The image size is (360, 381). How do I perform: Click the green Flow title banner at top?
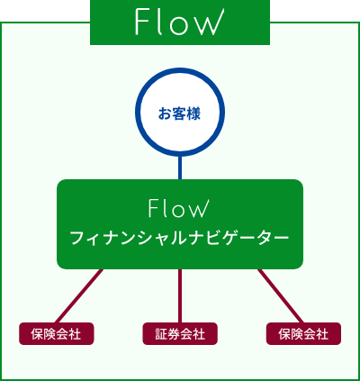point(180,23)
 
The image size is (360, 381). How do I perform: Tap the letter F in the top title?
point(142,22)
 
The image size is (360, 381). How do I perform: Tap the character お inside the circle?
point(165,114)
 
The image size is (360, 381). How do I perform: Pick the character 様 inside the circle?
point(193,114)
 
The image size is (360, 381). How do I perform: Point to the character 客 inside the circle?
point(179,114)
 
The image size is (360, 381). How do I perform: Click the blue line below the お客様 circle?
point(180,168)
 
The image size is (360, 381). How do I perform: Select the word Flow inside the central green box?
point(178,208)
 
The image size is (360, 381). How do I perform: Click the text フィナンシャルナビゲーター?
point(180,239)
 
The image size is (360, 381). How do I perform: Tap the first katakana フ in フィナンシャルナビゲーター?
point(77,239)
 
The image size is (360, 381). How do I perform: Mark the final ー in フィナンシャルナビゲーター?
point(281,239)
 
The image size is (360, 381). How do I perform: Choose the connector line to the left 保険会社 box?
point(79,296)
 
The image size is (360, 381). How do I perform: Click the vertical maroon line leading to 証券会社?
point(180,296)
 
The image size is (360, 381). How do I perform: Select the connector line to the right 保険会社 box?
point(281,296)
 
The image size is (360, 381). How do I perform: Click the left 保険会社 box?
point(57,333)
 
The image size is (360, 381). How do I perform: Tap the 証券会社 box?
point(180,333)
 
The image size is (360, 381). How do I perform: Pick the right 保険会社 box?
point(303,333)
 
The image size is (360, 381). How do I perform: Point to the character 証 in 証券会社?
point(161,334)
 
